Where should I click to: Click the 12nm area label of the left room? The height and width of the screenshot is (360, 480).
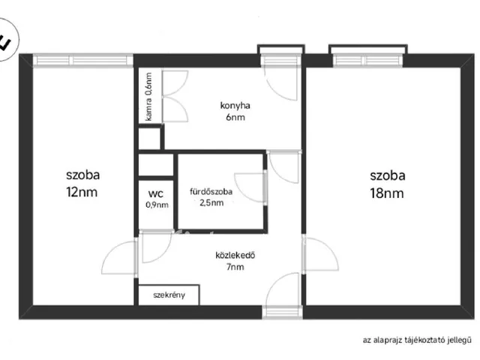click(82, 192)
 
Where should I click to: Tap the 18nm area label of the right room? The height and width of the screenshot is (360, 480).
click(387, 193)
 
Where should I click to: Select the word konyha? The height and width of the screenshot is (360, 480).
click(235, 106)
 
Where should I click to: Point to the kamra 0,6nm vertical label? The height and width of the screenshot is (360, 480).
click(148, 97)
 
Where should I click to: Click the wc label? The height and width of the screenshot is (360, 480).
click(156, 193)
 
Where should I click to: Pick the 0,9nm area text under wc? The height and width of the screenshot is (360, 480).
click(157, 205)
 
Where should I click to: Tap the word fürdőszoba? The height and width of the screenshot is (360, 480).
click(211, 192)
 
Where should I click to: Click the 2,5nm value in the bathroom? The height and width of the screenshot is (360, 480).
click(211, 202)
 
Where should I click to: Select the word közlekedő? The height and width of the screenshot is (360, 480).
click(235, 255)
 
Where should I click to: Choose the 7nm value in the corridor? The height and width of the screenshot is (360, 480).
click(235, 267)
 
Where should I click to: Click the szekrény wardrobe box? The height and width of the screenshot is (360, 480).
click(169, 295)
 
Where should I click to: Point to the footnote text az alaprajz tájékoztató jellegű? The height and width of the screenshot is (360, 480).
click(417, 340)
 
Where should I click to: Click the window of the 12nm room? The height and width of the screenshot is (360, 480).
click(83, 60)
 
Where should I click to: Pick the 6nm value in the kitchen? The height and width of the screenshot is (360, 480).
click(235, 117)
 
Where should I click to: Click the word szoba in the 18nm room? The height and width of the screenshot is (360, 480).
click(388, 175)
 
